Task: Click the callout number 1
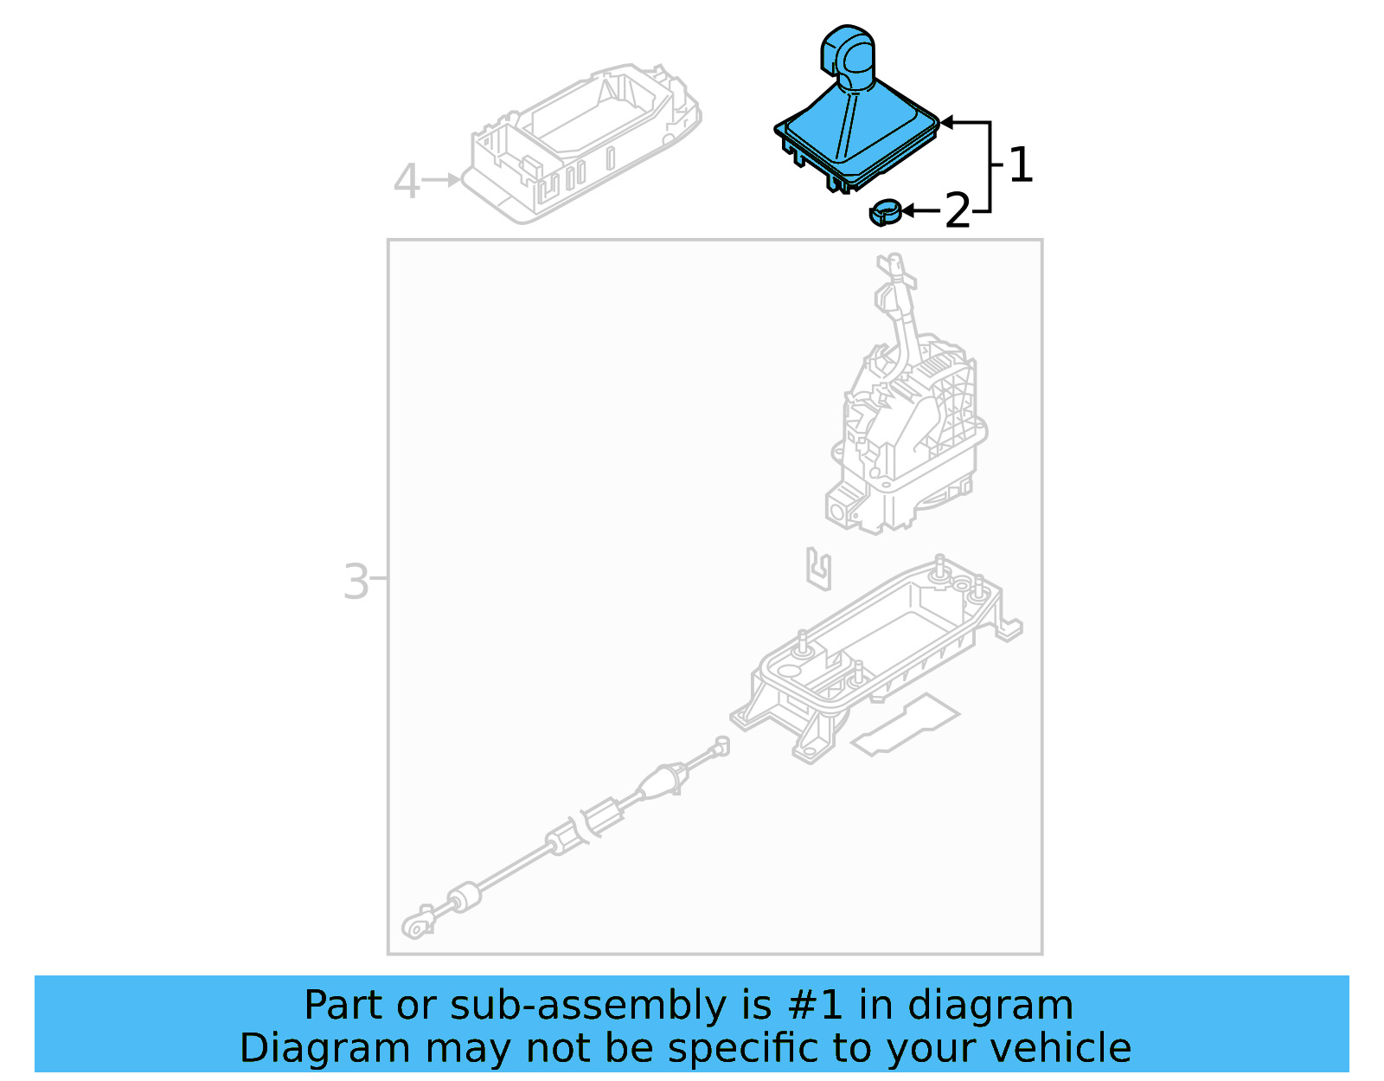click(1021, 164)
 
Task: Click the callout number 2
click(958, 210)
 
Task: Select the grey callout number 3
click(356, 581)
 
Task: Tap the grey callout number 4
click(407, 181)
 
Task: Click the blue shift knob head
click(847, 56)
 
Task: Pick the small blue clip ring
click(886, 211)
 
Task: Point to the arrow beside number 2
click(921, 210)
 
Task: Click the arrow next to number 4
click(441, 180)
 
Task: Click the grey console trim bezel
click(581, 143)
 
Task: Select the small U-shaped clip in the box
click(819, 569)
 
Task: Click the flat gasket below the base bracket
click(905, 725)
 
